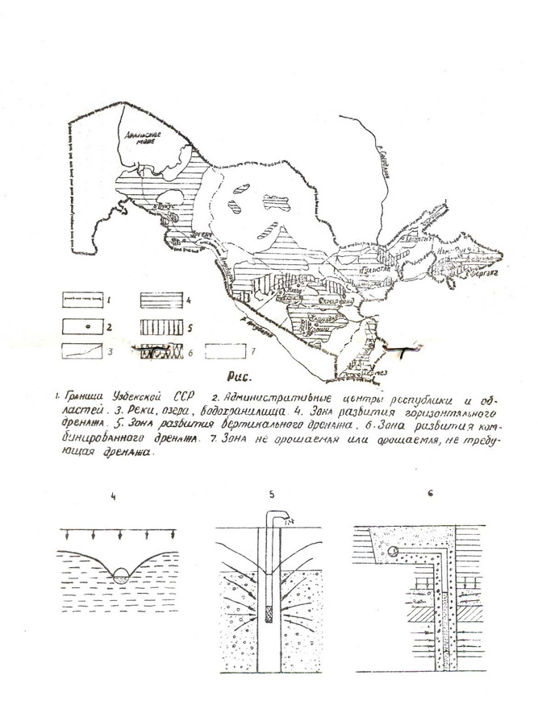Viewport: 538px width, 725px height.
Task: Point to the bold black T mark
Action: pos(402,349)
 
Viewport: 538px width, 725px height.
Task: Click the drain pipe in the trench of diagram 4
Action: pos(119,574)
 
